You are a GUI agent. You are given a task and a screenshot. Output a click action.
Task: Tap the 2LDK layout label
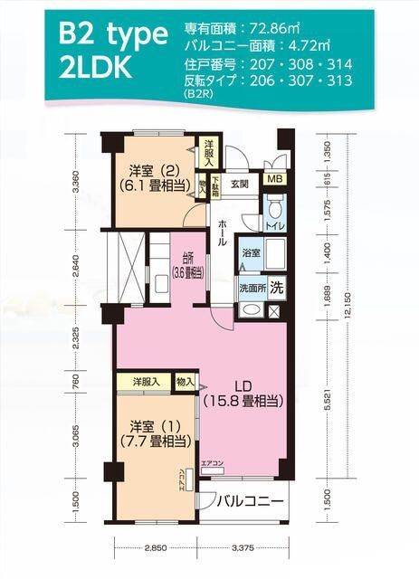pyautogui.click(x=98, y=71)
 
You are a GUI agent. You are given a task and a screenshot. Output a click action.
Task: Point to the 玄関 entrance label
pyautogui.click(x=239, y=184)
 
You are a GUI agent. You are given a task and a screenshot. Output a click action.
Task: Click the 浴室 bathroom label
pyautogui.click(x=250, y=253)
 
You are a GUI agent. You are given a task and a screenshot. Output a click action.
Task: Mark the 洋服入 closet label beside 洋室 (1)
pyautogui.click(x=146, y=382)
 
